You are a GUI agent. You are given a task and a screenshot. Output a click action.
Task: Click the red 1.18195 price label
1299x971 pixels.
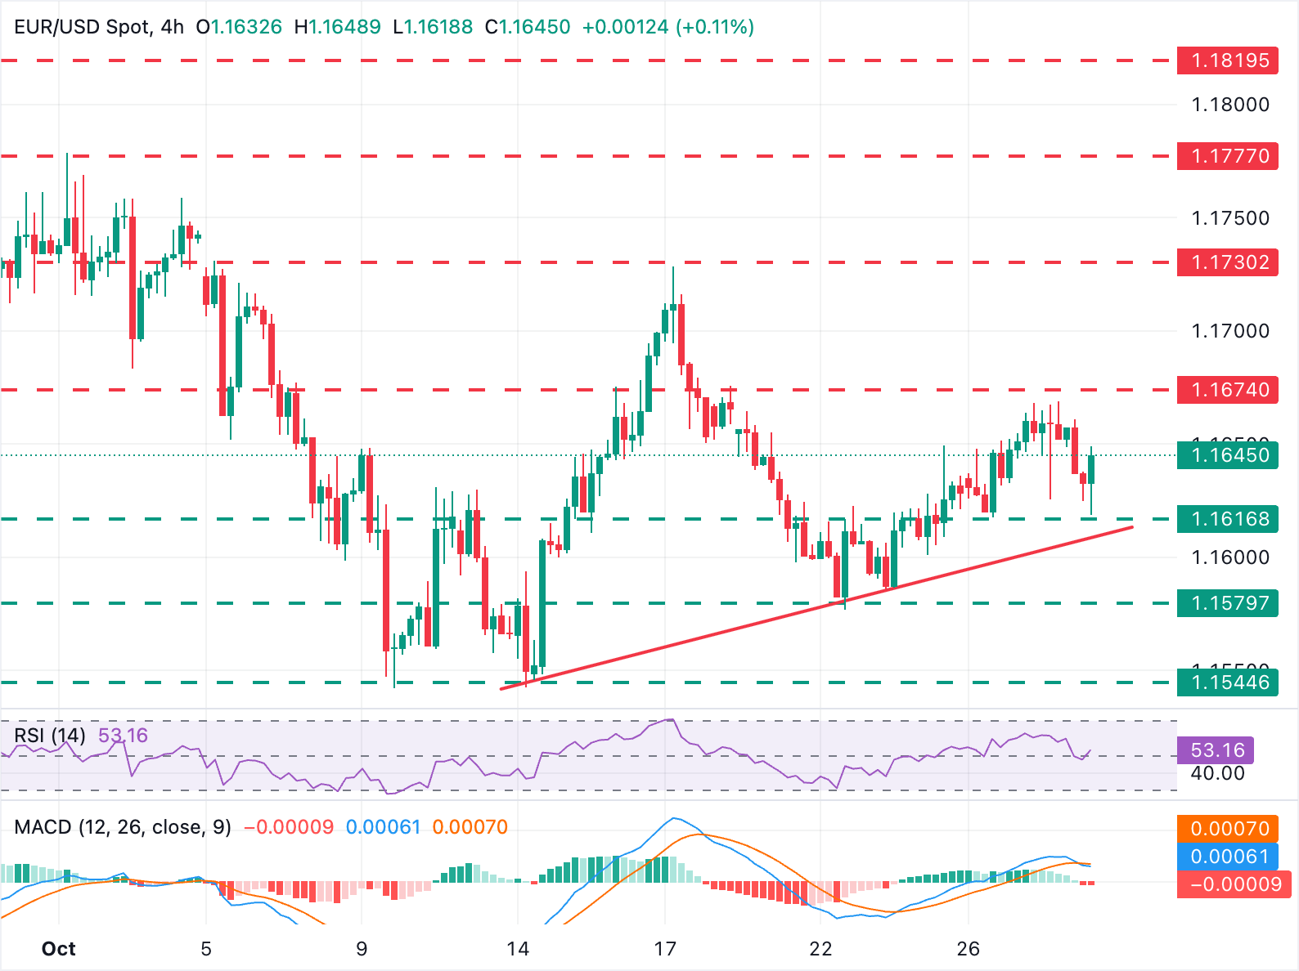pyautogui.click(x=1227, y=60)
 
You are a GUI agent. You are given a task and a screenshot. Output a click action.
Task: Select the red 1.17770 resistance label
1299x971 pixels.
pyautogui.click(x=1227, y=156)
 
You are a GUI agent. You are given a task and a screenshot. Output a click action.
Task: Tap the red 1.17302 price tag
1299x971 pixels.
pyautogui.click(x=1227, y=262)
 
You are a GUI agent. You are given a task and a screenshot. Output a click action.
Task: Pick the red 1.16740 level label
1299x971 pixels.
pyautogui.click(x=1227, y=390)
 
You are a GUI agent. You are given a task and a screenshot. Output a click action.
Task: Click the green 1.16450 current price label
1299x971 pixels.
pyautogui.click(x=1227, y=455)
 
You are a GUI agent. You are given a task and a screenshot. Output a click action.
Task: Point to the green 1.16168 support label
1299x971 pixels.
pyautogui.click(x=1227, y=519)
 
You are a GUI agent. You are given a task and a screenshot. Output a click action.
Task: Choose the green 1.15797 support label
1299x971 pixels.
pyautogui.click(x=1227, y=603)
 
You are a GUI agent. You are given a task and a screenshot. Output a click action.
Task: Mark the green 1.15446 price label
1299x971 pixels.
pyautogui.click(x=1227, y=682)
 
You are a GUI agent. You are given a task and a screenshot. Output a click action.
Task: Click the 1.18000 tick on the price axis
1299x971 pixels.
pyautogui.click(x=1230, y=105)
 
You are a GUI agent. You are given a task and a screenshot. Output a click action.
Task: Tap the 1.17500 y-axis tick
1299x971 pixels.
pyautogui.click(x=1230, y=218)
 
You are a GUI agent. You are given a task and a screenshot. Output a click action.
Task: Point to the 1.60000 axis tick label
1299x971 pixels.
pyautogui.click(x=1230, y=557)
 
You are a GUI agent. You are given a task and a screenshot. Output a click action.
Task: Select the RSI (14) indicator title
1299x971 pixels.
pyautogui.click(x=50, y=736)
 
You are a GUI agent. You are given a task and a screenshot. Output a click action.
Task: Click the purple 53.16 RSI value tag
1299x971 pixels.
pyautogui.click(x=1217, y=750)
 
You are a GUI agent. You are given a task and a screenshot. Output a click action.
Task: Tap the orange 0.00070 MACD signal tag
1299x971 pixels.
pyautogui.click(x=1229, y=829)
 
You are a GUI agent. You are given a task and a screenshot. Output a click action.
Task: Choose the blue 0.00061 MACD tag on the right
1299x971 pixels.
pyautogui.click(x=1229, y=857)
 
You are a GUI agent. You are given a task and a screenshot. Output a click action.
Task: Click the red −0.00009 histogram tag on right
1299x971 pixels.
pyautogui.click(x=1235, y=884)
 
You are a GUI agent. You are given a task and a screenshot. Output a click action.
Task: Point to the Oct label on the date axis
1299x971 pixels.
pyautogui.click(x=58, y=949)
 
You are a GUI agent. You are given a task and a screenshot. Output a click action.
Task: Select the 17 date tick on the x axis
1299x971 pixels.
pyautogui.click(x=665, y=949)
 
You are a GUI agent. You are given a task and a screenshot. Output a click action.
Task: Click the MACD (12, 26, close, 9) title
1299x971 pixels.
pyautogui.click(x=123, y=827)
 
